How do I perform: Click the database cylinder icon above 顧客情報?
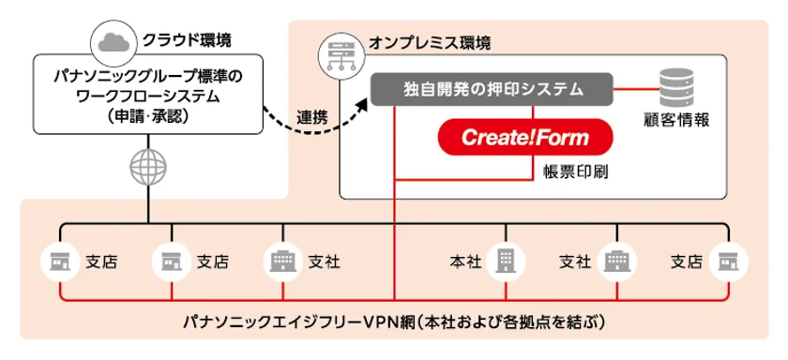678,88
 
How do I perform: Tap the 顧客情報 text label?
677,121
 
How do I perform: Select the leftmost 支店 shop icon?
60,261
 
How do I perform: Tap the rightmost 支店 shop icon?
725,261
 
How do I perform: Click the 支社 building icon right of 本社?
615,261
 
